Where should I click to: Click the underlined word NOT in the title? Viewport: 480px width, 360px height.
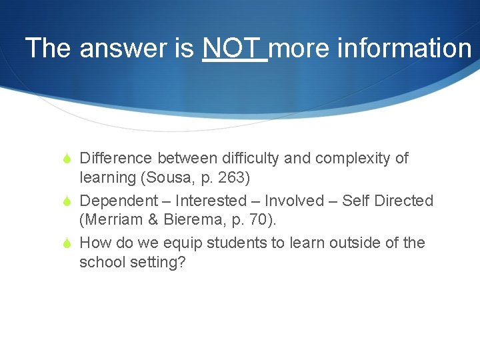coord(234,48)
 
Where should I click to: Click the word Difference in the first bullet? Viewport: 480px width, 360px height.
coord(116,159)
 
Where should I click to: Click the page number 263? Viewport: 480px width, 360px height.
coord(236,178)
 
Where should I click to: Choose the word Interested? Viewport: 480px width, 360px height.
coord(211,201)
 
